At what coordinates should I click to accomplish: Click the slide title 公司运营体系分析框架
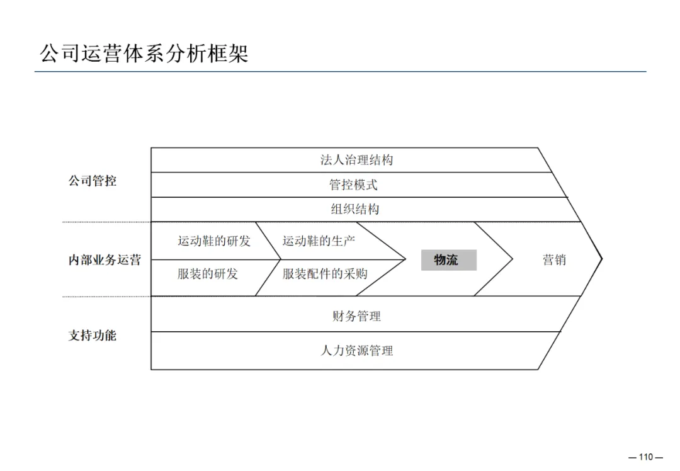[144, 53]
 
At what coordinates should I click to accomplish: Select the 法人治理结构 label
[356, 160]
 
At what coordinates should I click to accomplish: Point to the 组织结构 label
[355, 209]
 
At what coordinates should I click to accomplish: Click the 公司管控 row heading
[93, 181]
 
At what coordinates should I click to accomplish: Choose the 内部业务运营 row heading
[105, 260]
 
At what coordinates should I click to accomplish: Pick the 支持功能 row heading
[93, 336]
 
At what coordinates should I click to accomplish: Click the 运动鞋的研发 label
[214, 241]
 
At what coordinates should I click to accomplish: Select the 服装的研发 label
[208, 274]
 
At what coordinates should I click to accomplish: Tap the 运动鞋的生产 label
[319, 241]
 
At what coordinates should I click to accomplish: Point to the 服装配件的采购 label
[325, 274]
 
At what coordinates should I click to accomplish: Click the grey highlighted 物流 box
[448, 260]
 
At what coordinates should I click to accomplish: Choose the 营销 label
[554, 260]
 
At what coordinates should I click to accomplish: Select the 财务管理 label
[356, 316]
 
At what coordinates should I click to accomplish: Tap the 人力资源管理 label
[356, 351]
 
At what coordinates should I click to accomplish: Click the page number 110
[646, 457]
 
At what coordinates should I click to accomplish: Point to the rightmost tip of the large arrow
[602, 258]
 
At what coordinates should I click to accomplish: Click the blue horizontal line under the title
[340, 72]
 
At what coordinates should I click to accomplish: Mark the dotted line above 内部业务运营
[106, 222]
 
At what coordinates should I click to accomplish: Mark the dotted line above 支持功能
[106, 297]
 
